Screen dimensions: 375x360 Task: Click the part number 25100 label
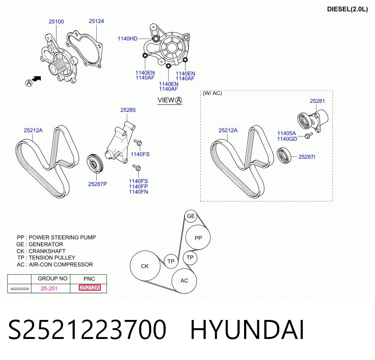56,21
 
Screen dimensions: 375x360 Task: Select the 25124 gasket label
96,21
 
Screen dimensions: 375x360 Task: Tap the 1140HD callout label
128,38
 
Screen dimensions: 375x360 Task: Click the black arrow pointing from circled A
36,79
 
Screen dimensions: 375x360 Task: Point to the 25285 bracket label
128,110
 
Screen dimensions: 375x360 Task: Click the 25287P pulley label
97,184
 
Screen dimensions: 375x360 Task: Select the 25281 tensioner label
317,101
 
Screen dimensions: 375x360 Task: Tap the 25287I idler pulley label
307,157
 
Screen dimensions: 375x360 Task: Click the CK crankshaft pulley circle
145,266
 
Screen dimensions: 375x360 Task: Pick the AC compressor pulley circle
184,281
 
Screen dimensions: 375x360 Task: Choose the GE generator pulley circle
191,216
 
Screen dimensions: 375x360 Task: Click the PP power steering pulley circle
198,238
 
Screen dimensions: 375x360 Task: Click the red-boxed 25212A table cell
90,288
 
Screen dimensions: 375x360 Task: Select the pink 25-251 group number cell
49,289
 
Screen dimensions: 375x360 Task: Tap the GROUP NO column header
52,279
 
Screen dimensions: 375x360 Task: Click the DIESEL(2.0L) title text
347,9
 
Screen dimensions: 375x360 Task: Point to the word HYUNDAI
247,330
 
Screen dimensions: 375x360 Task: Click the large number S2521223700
87,330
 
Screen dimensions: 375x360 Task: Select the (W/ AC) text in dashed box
212,93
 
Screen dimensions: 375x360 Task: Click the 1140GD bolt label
287,139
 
